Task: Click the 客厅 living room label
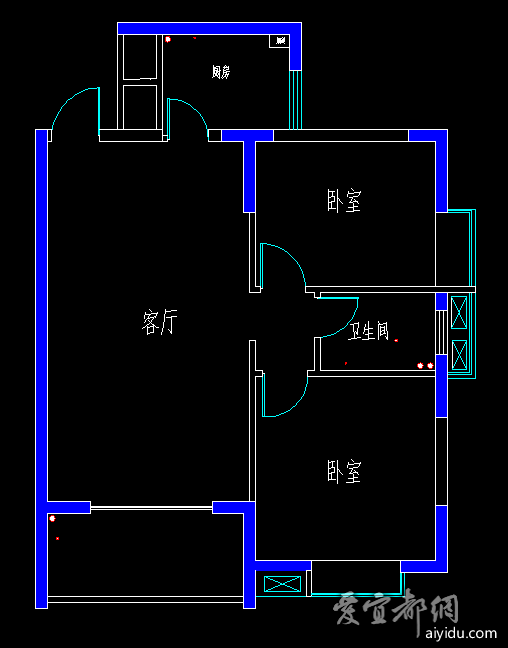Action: [x=160, y=322]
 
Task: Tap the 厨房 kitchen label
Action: [x=221, y=72]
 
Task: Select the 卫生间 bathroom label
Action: [x=368, y=331]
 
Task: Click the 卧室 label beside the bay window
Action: [x=344, y=201]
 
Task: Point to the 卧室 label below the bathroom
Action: [x=344, y=471]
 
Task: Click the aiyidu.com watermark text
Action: [x=461, y=633]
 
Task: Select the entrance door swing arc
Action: [x=69, y=100]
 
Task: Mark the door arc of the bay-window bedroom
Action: [x=291, y=255]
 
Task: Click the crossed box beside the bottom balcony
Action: [x=282, y=584]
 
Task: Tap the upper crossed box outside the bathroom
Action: [x=459, y=312]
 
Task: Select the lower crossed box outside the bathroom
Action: [x=459, y=355]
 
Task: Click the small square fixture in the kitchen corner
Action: [x=279, y=40]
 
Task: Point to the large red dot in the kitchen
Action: [x=168, y=39]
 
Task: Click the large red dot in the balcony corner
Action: [x=52, y=518]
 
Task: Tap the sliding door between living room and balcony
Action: [x=151, y=507]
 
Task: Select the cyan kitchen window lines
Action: [x=295, y=100]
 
